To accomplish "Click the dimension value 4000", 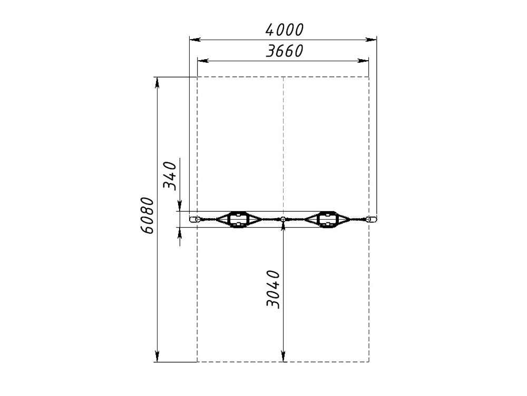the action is click(x=285, y=30).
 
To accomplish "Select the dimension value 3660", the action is click(x=285, y=51).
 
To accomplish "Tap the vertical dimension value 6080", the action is click(x=147, y=215).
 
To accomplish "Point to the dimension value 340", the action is click(x=169, y=176).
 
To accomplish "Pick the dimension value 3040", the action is click(x=272, y=289).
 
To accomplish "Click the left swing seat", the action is click(x=238, y=220).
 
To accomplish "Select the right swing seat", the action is click(x=327, y=220).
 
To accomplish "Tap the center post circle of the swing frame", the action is click(x=283, y=220).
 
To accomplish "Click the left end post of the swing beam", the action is click(x=194, y=220).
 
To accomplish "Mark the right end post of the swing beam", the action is click(x=372, y=220).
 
